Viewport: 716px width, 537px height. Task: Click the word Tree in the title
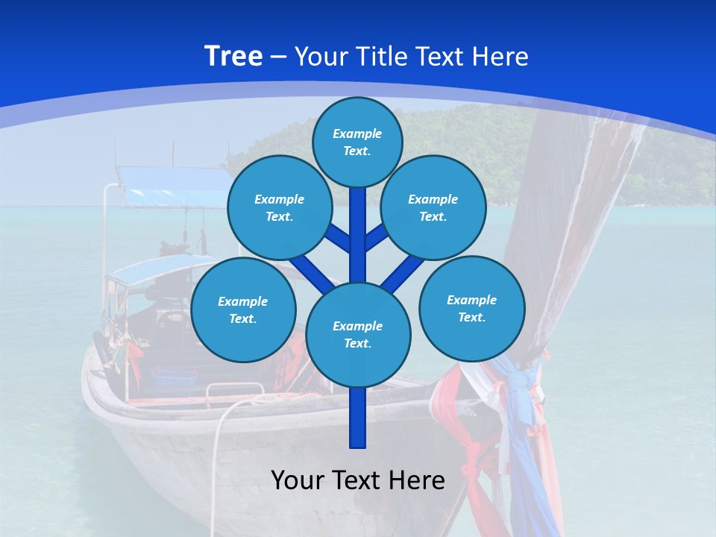(x=233, y=57)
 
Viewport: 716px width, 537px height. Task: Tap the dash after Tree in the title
(x=278, y=57)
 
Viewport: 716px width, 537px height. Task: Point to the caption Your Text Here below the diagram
(x=358, y=480)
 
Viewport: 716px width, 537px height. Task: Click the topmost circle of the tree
(x=357, y=142)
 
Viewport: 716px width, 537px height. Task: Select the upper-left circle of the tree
(x=280, y=207)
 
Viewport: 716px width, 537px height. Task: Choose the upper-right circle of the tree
(x=433, y=207)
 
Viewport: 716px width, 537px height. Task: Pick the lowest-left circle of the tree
(x=243, y=310)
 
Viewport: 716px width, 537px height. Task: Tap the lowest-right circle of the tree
(x=471, y=308)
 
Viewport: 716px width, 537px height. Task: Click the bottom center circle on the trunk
(x=358, y=335)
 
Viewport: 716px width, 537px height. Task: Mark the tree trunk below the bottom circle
(x=358, y=418)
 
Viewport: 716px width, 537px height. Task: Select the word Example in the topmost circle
(x=357, y=134)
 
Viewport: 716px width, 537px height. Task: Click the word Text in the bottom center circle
(x=357, y=344)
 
